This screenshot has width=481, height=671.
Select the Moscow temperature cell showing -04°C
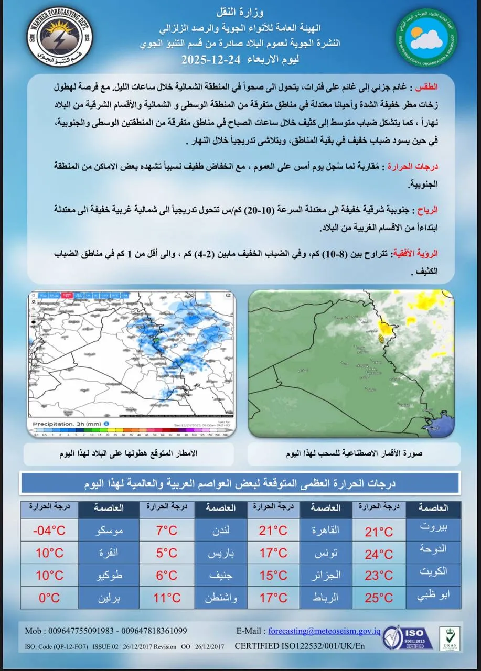coord(49,531)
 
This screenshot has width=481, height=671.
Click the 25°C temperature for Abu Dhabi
coord(379,598)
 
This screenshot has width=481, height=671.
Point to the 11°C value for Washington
coord(167,598)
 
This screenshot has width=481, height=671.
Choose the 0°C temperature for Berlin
coord(49,598)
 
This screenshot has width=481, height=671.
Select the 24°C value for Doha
coord(379,554)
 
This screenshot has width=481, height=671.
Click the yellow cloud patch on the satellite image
coord(386,331)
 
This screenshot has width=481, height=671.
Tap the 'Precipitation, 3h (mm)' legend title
coord(67,423)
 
